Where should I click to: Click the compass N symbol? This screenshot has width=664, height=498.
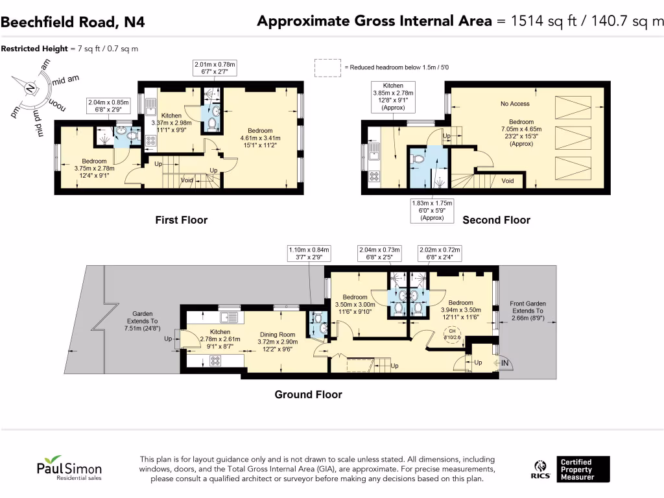30,90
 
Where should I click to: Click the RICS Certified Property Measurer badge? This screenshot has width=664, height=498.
571,469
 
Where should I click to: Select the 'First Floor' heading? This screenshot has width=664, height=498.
181,220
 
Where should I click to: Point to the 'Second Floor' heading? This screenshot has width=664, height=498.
496,220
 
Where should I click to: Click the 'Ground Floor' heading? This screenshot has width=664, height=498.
308,394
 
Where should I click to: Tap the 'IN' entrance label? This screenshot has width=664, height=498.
505,363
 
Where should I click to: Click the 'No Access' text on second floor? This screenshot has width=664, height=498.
515,104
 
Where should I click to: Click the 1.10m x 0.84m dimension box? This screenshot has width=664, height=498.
309,253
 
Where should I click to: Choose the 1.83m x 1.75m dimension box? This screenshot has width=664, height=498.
432,211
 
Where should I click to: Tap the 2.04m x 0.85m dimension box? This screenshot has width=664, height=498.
110,106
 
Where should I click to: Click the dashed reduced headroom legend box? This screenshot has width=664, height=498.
327,67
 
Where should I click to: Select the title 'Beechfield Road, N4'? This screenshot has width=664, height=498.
73,22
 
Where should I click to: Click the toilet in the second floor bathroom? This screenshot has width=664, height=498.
419,158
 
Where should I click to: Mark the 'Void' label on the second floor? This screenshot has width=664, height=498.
508,181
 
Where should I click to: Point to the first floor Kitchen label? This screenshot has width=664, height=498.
171,116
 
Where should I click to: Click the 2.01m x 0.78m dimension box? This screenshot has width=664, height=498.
215,68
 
